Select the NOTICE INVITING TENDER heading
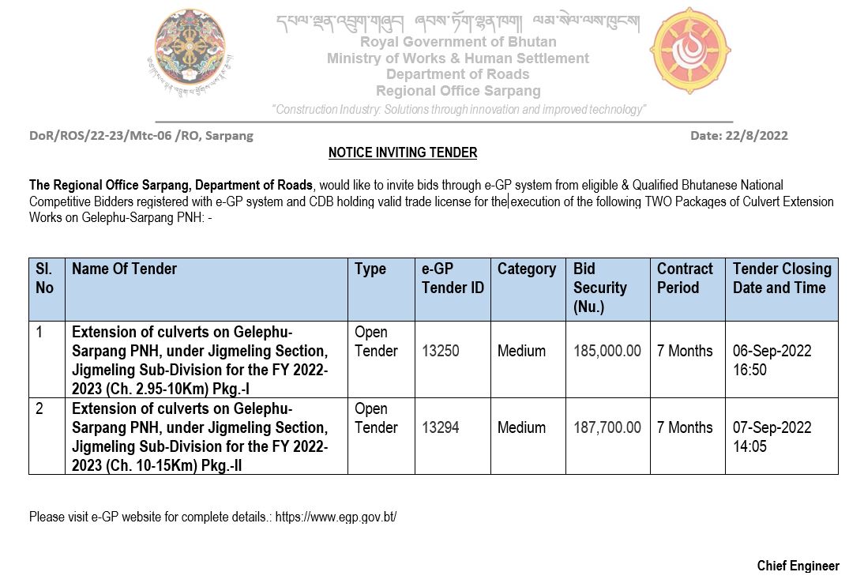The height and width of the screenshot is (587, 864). (403, 152)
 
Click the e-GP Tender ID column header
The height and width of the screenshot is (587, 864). (452, 278)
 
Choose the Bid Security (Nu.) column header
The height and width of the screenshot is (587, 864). (600, 288)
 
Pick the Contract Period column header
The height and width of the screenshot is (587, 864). (685, 278)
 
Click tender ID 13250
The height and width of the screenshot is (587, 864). (440, 351)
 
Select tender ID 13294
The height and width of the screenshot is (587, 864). (440, 427)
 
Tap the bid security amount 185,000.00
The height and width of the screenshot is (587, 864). (607, 351)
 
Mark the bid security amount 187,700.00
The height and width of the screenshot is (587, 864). (607, 427)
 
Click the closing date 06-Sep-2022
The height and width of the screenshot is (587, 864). (772, 351)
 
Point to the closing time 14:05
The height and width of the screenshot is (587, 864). (749, 446)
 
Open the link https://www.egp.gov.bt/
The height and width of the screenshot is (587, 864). (336, 517)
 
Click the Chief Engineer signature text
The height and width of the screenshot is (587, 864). (798, 566)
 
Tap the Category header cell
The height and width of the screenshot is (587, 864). (527, 269)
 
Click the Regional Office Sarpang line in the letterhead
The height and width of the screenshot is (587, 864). (458, 92)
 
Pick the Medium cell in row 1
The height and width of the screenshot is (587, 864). (521, 351)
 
